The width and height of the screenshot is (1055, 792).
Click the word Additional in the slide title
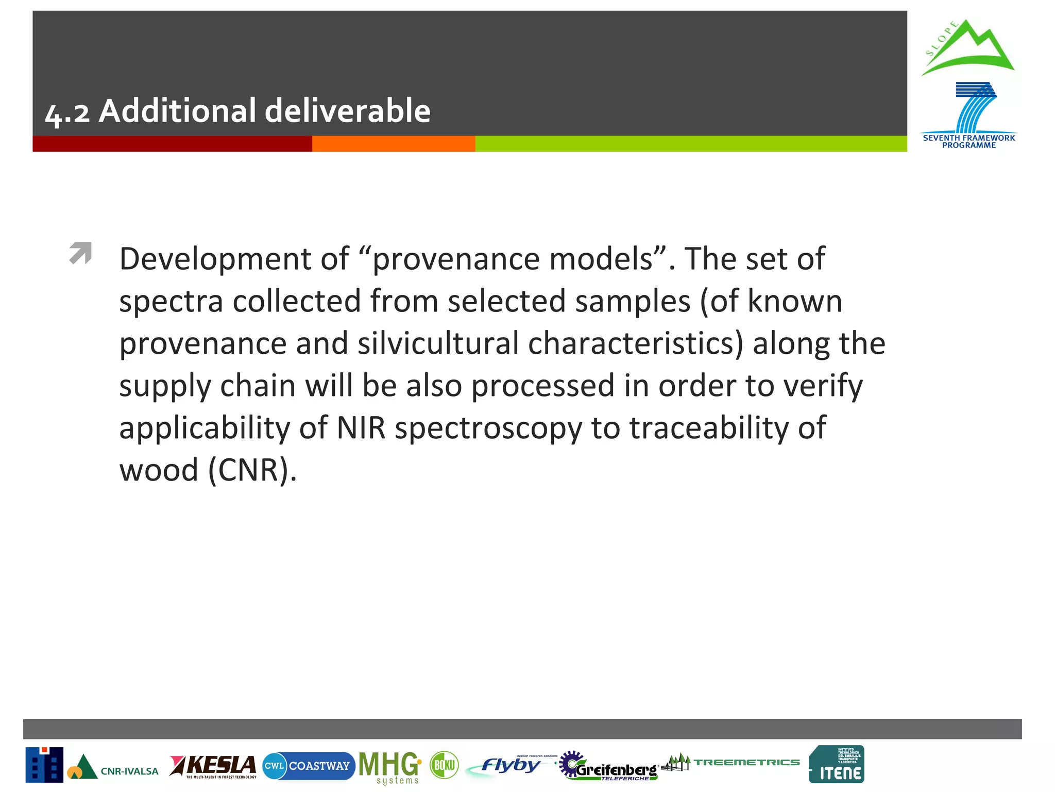pos(177,111)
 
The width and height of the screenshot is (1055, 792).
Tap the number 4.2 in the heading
pos(67,112)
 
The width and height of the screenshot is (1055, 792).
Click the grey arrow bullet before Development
pos(80,253)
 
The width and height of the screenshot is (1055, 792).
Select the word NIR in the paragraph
pos(361,428)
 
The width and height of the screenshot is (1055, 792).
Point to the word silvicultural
pos(438,343)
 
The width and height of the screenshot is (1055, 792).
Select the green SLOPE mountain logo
pos(967,48)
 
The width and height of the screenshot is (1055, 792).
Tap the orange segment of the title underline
pos(393,144)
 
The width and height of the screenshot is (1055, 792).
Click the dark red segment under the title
pos(172,144)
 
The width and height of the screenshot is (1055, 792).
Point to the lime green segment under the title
pos(690,144)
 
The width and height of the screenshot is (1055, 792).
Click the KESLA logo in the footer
pos(213,766)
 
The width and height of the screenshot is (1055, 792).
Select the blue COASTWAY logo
pos(308,766)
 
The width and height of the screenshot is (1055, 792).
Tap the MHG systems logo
pos(390,767)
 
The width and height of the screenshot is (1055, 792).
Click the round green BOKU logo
pos(444,765)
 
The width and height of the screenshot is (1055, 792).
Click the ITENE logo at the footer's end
pos(836,765)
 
